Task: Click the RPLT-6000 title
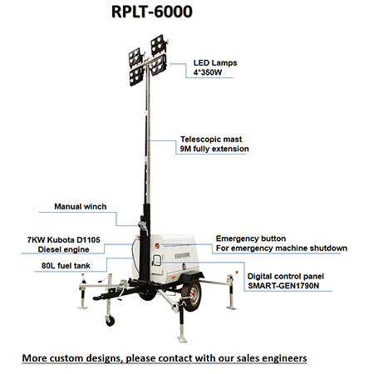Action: (152, 12)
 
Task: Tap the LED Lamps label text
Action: (215, 63)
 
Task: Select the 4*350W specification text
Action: (208, 72)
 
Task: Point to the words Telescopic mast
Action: (211, 139)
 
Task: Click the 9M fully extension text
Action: (214, 149)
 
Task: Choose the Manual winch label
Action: (81, 207)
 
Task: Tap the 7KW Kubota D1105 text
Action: (64, 239)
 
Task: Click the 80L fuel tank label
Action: (66, 266)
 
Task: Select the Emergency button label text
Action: (251, 239)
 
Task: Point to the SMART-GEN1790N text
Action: (283, 286)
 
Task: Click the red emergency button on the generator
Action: (157, 245)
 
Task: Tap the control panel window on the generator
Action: (157, 260)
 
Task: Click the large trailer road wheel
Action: (192, 294)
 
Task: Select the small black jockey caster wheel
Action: (110, 321)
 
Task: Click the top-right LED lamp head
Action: (159, 44)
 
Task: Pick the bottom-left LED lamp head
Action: (135, 76)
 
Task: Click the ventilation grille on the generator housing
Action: (182, 255)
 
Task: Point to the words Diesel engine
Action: (63, 249)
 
